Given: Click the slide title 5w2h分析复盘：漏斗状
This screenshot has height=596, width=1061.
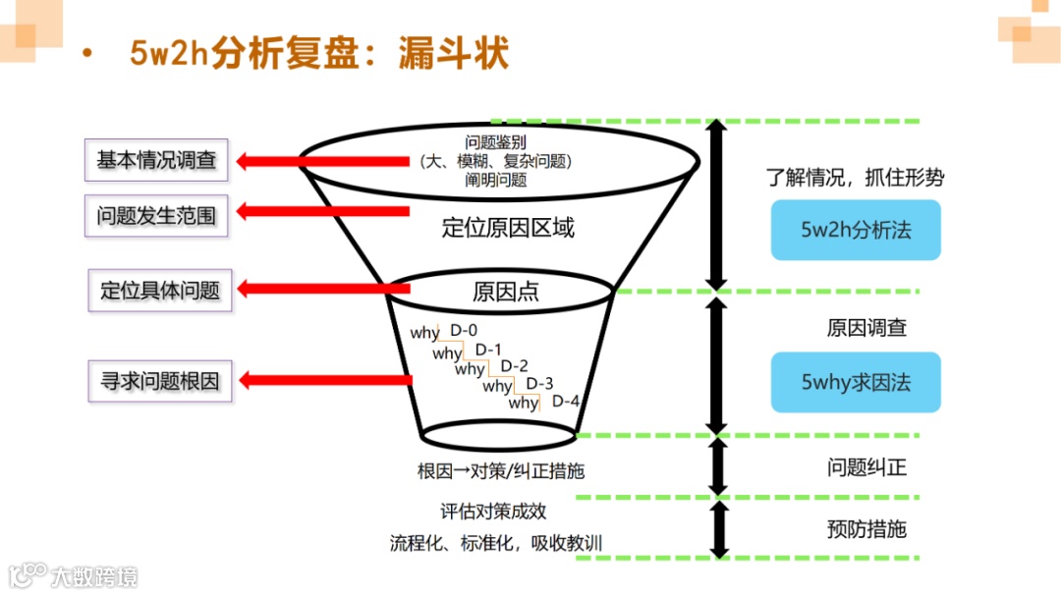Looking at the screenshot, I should (x=319, y=54).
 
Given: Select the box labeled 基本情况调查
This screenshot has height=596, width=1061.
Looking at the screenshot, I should (x=156, y=160).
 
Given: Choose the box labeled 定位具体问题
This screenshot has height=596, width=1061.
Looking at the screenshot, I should (x=160, y=290).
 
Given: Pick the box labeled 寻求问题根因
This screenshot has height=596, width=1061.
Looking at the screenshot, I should (x=160, y=381).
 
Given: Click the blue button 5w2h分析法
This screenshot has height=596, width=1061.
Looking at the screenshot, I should (x=856, y=231).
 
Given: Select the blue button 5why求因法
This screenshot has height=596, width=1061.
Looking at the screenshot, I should (x=856, y=382).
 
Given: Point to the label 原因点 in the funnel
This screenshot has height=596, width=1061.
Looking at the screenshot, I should (x=506, y=292).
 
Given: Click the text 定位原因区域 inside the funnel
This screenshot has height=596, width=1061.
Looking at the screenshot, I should (x=508, y=229).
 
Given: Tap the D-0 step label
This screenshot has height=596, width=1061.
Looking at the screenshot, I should (x=464, y=331).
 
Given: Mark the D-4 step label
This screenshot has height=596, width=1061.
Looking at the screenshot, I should (x=566, y=401).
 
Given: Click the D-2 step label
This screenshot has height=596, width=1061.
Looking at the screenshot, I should (x=515, y=366).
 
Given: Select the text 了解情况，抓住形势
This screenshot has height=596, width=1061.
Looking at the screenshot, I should (x=855, y=178).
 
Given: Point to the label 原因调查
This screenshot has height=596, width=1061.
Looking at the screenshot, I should (x=866, y=328).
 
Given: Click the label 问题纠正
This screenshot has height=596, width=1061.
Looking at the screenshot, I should (x=866, y=467).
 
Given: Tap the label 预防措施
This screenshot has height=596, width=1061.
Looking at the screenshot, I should (x=866, y=529).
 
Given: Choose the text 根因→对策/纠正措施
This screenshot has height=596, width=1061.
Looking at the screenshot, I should (x=501, y=471).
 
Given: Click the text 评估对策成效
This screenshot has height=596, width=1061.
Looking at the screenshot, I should (x=493, y=512).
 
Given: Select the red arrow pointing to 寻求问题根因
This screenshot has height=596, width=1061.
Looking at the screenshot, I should (x=324, y=380).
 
